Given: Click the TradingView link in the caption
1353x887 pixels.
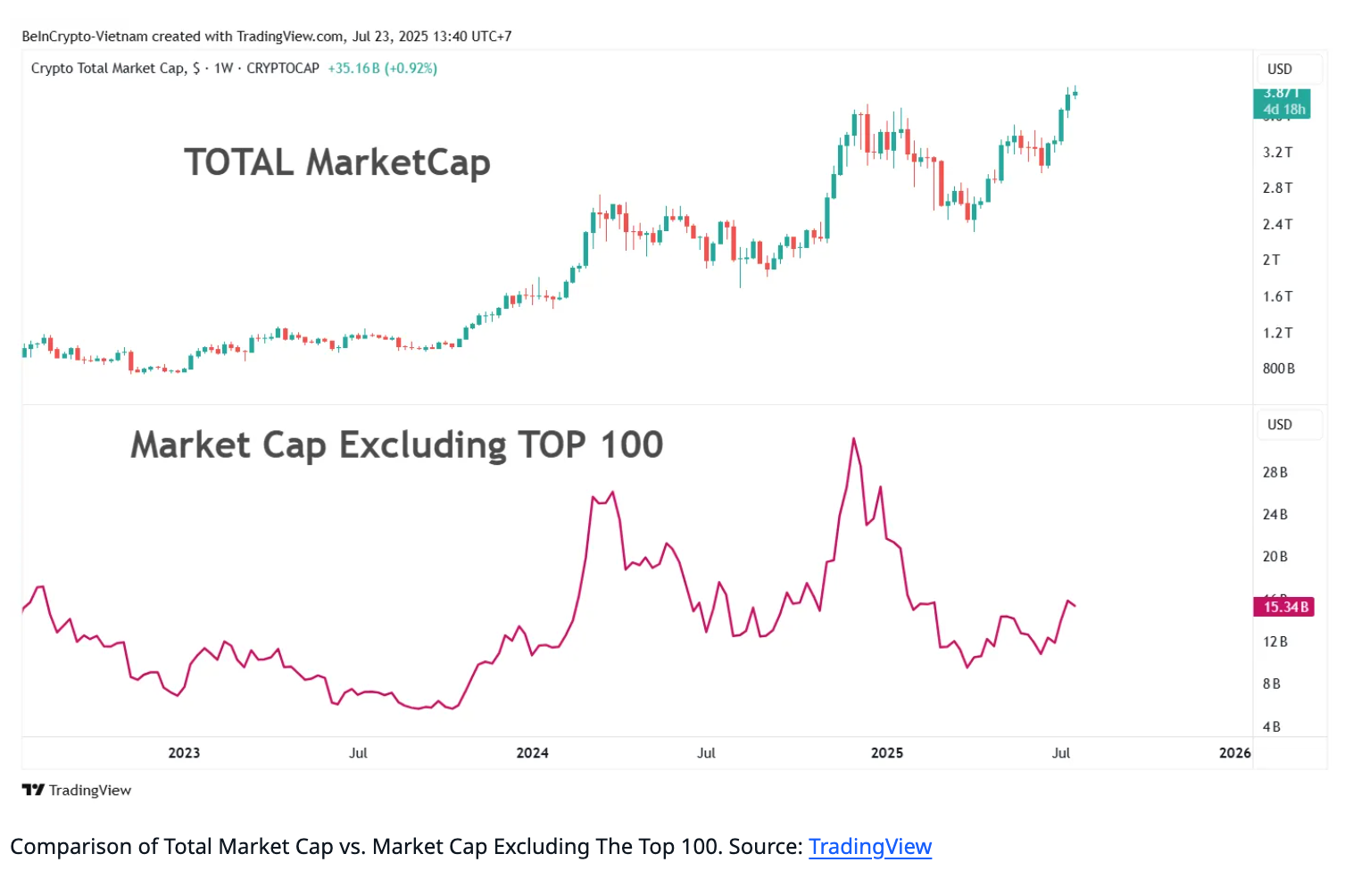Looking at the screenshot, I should [869, 847].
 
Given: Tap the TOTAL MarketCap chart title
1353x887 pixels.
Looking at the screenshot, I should [336, 162].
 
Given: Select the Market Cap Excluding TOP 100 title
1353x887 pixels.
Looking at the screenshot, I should [396, 444].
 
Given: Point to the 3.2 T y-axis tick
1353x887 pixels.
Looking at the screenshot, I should [1277, 153].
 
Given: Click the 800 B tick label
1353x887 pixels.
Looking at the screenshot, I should [1278, 369].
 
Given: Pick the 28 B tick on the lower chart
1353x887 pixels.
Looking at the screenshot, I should [1274, 472].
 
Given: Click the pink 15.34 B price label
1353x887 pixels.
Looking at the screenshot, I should [1284, 607].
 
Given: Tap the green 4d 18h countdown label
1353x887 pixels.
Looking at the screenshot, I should [1283, 110].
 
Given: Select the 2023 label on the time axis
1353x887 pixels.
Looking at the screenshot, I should [184, 753].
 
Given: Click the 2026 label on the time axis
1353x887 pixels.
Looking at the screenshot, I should [1234, 753].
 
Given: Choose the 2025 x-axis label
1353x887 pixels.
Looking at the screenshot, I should [886, 753].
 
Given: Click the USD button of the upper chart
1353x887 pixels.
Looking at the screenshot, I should [1279, 70].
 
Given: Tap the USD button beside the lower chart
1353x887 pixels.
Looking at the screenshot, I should [1279, 425].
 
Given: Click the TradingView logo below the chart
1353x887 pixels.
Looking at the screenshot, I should [77, 790].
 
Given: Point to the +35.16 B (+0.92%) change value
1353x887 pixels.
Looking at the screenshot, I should [382, 69].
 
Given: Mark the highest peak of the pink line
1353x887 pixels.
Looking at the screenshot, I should [854, 439].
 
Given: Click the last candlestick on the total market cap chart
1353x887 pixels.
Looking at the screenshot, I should [1075, 93].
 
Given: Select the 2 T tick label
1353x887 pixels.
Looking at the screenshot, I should [1271, 261].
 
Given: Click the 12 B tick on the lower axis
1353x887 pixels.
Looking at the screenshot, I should [1274, 642].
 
